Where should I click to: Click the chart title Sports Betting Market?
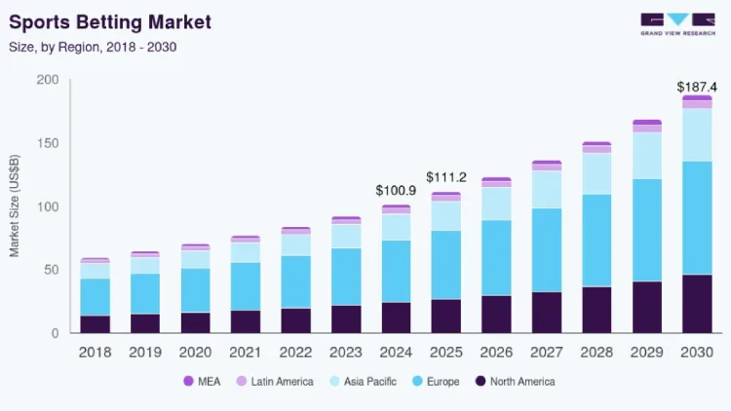pos(110,22)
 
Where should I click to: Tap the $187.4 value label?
pos(697,87)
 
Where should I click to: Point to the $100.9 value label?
pos(396,191)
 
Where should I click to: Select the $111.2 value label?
pos(446,177)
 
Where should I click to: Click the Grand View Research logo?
pos(677,24)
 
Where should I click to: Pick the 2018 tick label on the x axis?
pos(96,353)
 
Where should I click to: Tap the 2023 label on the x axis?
pos(346,353)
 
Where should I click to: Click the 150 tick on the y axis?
pos(48,143)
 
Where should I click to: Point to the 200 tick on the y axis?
pos(48,80)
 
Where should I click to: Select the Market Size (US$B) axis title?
pos(15,205)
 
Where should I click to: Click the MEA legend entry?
pos(202,382)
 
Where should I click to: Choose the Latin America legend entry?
pos(275,382)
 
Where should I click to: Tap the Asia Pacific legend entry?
pos(364,382)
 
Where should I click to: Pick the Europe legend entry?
pos(436,382)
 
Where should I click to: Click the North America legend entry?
pos(516,382)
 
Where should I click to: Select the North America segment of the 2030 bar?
pos(697,304)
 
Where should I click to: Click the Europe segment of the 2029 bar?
pos(647,230)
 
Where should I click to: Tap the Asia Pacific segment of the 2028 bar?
pos(596,173)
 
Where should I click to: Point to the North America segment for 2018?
pos(96,324)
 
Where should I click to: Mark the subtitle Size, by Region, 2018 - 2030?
pos(93,47)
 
